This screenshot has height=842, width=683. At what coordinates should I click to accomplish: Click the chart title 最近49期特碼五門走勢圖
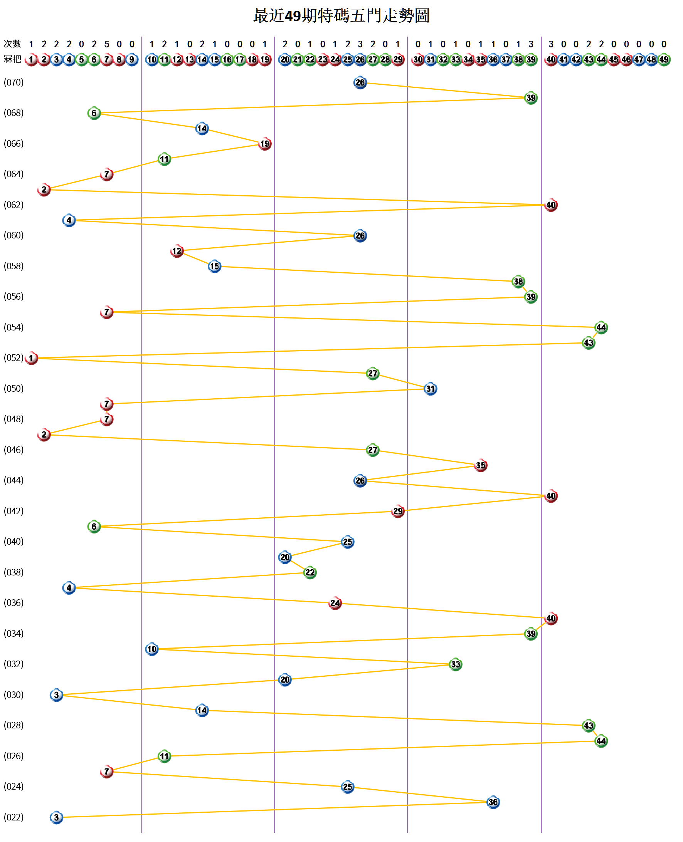[341, 16]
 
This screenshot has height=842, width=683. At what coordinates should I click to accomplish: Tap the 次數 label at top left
[12, 44]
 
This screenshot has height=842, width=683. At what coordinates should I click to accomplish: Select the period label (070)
[14, 82]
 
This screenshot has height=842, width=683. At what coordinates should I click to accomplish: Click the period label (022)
[14, 817]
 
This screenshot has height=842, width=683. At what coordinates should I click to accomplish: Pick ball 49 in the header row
[664, 60]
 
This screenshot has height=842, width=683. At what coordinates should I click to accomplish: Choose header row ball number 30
[418, 60]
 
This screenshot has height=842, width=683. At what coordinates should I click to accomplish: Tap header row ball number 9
[132, 60]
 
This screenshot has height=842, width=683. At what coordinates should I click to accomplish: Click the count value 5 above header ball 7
[107, 44]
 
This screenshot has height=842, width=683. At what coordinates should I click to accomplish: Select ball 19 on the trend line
[265, 144]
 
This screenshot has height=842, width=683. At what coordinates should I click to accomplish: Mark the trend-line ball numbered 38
[518, 282]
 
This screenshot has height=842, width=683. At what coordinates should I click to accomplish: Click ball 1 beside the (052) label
[32, 358]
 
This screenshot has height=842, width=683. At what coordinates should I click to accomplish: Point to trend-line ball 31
[431, 389]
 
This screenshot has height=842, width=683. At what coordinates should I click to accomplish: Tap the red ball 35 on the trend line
[480, 465]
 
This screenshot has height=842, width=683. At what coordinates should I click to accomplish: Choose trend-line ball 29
[398, 511]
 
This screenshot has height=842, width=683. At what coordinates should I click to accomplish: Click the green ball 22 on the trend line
[310, 572]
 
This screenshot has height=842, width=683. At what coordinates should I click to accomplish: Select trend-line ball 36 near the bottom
[493, 802]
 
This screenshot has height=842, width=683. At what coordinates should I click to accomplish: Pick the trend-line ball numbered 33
[455, 664]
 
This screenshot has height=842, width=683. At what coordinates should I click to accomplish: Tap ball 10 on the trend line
[152, 649]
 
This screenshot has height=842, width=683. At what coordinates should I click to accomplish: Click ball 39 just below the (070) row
[531, 98]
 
